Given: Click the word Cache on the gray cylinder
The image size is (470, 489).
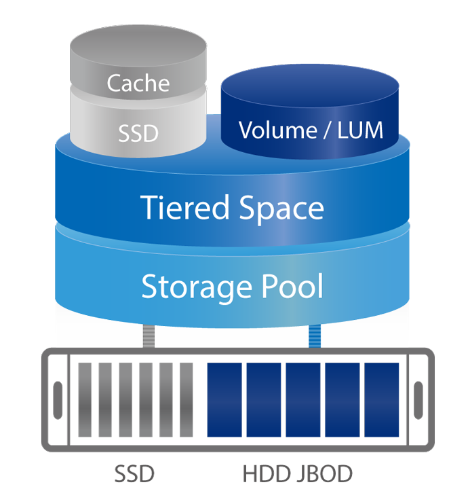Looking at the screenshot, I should pyautogui.click(x=138, y=83).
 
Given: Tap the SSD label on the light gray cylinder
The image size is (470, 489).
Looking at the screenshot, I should pyautogui.click(x=138, y=132).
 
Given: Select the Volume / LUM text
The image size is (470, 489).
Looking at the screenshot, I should pyautogui.click(x=311, y=129).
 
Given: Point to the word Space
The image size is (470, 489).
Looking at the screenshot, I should pyautogui.click(x=278, y=209).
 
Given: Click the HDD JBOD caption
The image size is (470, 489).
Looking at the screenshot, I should pyautogui.click(x=296, y=473).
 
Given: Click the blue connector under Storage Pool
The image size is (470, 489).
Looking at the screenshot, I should pyautogui.click(x=314, y=336).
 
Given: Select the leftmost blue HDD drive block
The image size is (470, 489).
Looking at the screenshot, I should pyautogui.click(x=223, y=399).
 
